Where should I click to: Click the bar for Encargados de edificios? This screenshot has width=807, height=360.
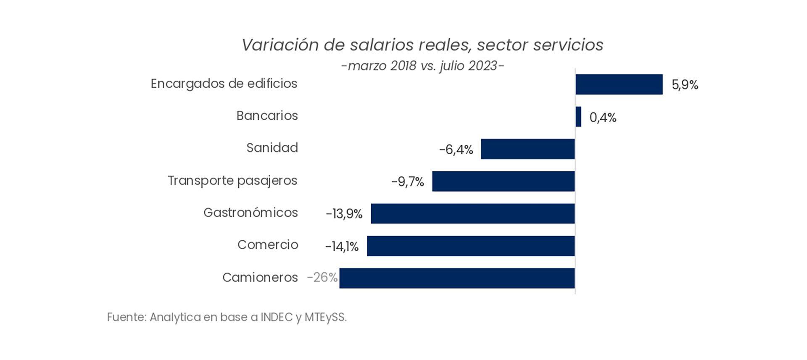(x=619, y=84)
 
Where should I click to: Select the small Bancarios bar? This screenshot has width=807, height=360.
(x=578, y=117)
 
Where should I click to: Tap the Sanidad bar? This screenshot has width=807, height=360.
(x=527, y=149)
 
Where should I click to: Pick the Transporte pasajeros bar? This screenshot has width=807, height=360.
(x=503, y=181)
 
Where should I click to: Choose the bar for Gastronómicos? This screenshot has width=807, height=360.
(x=472, y=213)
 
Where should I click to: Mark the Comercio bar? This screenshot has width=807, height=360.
(x=470, y=246)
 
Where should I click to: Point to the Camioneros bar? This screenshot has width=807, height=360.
(x=457, y=278)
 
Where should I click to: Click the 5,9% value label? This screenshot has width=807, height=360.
(x=685, y=85)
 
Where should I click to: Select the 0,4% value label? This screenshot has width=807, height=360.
(x=603, y=118)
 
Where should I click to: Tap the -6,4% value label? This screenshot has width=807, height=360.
(x=456, y=150)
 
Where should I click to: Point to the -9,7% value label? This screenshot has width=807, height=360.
(x=408, y=182)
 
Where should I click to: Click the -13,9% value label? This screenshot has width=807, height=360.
(x=344, y=214)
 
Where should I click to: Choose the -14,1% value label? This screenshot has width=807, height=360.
(x=342, y=247)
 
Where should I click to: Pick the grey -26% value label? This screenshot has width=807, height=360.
(x=322, y=278)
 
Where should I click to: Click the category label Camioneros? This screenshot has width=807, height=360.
(x=260, y=278)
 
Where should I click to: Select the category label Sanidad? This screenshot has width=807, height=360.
(x=272, y=148)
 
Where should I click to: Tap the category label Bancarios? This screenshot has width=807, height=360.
(x=267, y=116)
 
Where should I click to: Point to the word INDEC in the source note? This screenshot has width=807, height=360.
(x=276, y=318)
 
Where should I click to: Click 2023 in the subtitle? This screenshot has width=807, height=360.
(x=481, y=66)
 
